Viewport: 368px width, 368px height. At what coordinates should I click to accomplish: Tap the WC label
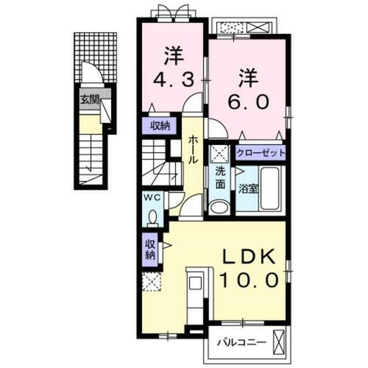click(x=151, y=198)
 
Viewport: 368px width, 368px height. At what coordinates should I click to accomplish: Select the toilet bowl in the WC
click(x=152, y=216)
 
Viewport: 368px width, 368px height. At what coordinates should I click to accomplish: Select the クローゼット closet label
click(x=261, y=153)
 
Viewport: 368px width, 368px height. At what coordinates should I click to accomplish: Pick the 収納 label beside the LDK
click(x=149, y=250)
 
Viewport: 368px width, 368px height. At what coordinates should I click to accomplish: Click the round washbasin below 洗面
click(x=218, y=207)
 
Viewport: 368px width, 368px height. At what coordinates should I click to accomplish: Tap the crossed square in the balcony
click(x=278, y=342)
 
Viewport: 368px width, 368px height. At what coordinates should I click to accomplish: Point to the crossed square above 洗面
click(x=219, y=154)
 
